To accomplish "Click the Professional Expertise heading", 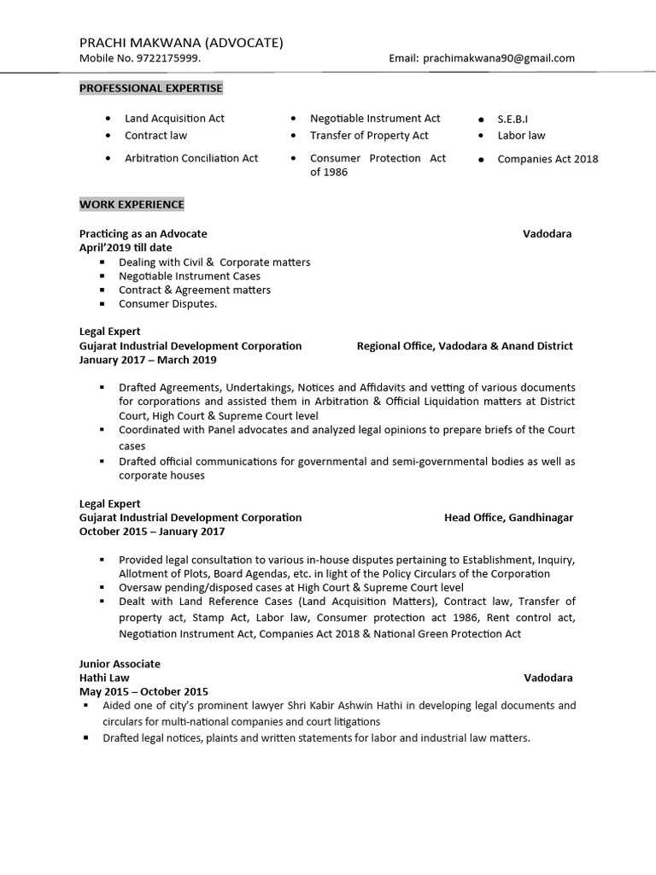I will click(151, 88).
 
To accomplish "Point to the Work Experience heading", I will click(132, 205).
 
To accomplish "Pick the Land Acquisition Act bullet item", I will click(174, 119).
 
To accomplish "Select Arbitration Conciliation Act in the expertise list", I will click(191, 159).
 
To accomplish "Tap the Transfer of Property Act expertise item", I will click(369, 136).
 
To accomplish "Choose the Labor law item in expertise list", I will click(521, 136).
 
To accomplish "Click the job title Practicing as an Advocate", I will click(143, 234).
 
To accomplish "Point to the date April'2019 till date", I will click(126, 248).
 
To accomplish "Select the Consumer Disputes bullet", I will click(167, 304).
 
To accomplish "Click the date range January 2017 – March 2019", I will click(148, 361).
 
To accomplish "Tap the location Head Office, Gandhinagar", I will click(508, 518).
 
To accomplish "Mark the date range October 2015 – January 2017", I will click(152, 531).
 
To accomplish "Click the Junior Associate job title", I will click(120, 664).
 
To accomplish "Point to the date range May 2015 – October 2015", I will click(143, 691).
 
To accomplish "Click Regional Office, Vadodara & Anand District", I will click(465, 346).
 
